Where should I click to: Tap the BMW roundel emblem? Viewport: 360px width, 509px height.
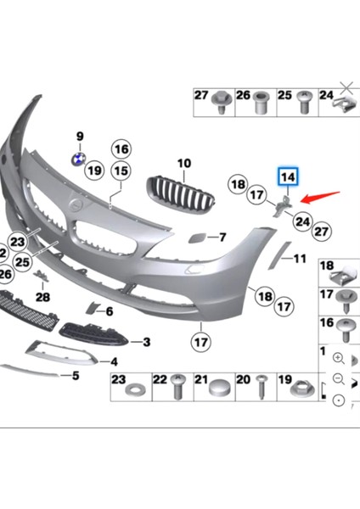coord(77,159)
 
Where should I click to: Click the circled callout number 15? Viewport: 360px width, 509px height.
coord(121,171)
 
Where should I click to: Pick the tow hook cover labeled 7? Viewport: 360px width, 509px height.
coord(193,238)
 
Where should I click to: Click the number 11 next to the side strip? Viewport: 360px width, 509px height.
coord(298,257)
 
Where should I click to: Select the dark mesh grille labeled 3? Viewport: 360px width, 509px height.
coord(94,333)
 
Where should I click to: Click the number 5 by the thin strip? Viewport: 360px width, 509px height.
coord(76,375)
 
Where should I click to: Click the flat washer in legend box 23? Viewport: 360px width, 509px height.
coord(135,393)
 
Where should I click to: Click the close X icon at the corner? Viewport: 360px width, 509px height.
coord(346,86)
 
